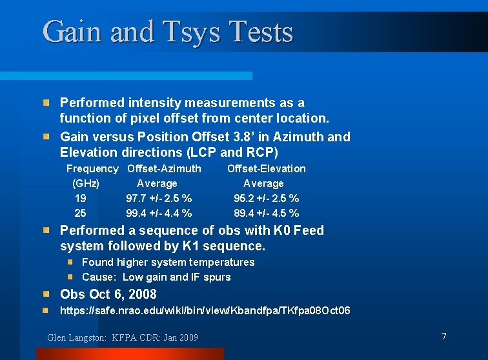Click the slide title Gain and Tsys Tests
pos(168,32)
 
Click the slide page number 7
pos(443,336)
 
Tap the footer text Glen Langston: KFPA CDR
pos(123,337)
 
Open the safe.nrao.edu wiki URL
pos(205,311)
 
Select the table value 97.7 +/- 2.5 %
pos(158,198)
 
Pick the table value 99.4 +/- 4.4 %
pos(158,213)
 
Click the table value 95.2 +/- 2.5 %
pos(266,198)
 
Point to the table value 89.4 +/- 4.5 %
pos(266,213)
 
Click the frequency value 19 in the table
pos(81,198)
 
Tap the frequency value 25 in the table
pos(81,213)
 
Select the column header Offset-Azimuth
pos(164,168)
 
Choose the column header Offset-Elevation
pos(266,168)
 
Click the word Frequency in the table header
pos(92,168)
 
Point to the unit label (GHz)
pos(86,183)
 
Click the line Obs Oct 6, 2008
pos(108,294)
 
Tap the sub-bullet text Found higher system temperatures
pos(168,262)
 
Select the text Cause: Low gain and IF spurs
pos(156,277)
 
